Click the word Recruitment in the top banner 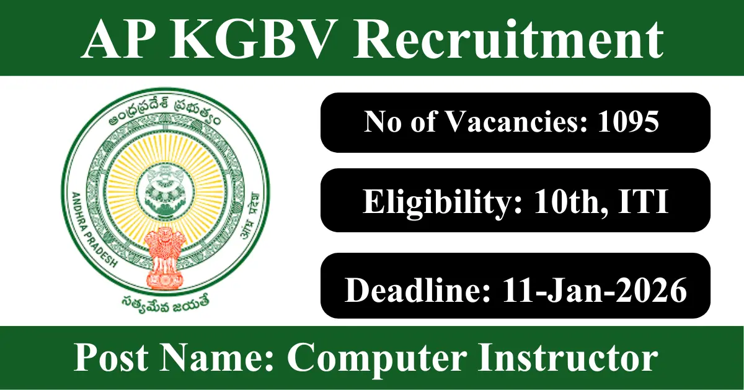[508, 40]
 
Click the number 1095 [629, 122]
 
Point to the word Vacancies [515, 122]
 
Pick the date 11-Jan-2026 [595, 290]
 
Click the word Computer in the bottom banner [377, 359]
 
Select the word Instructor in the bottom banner [569, 358]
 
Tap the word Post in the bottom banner [111, 358]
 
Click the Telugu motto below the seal [165, 304]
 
